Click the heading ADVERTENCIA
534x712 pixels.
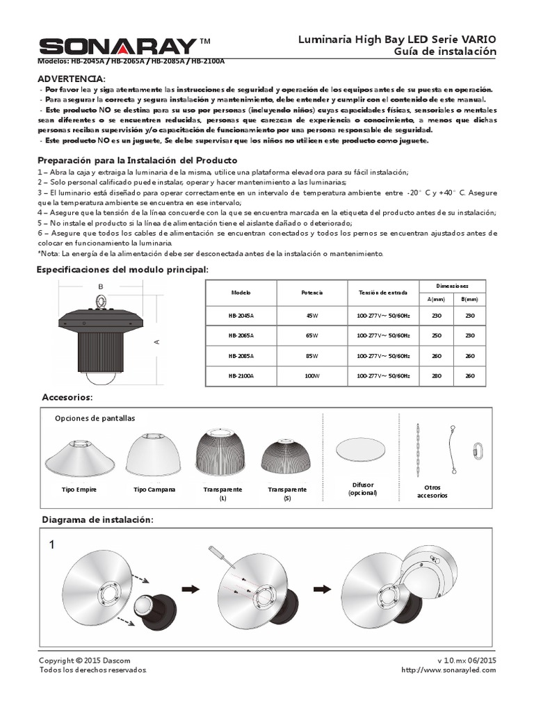tap(71, 79)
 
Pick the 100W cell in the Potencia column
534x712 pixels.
tap(311, 375)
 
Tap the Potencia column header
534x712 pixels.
tap(311, 292)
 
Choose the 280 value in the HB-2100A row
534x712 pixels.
tap(436, 375)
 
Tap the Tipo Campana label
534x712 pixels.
tap(154, 489)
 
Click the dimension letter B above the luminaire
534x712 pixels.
tap(100, 286)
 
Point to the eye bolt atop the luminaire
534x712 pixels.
tap(102, 302)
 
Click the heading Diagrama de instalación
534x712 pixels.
tap(97, 520)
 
